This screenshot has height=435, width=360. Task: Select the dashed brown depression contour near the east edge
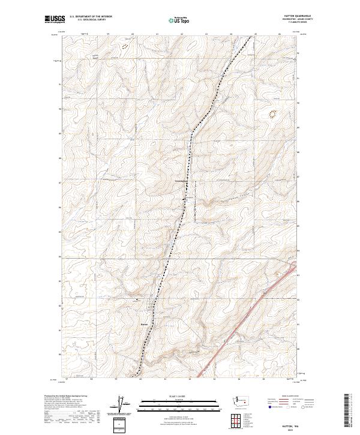click(x=272, y=113)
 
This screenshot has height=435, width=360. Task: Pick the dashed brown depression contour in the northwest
click(x=125, y=44)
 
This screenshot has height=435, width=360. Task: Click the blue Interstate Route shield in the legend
click(x=268, y=407)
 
